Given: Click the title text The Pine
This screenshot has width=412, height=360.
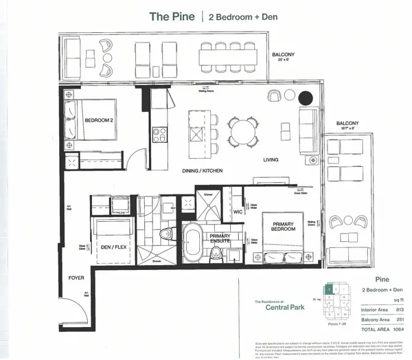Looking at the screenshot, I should coord(172,16).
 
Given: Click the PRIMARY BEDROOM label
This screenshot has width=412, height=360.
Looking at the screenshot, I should coord(284,226).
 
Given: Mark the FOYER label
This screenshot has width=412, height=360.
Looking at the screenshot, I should coord(75,278).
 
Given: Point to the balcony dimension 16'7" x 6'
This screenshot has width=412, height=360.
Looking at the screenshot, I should coord(345,128).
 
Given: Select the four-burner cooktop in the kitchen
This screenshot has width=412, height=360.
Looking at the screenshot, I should coord(159,135).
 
